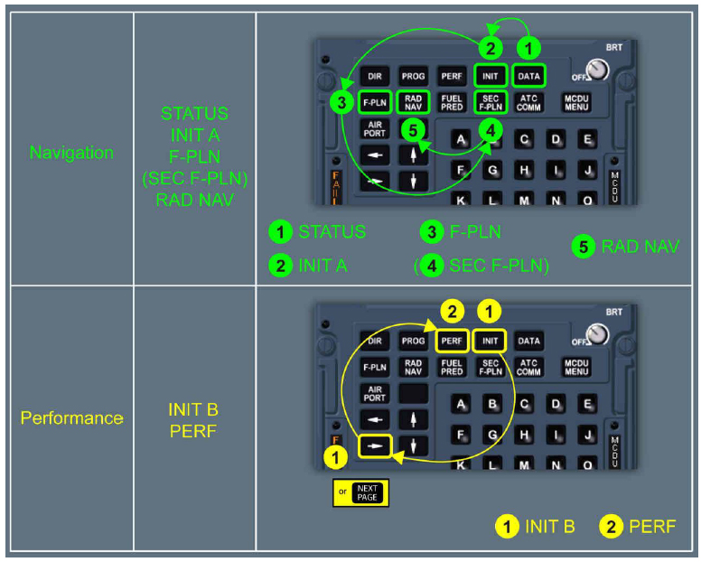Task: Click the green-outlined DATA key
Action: point(528,77)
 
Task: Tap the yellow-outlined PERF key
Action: point(452,342)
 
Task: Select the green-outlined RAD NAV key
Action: point(413,102)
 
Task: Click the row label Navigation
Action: point(71,153)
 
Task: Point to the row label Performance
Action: point(71,418)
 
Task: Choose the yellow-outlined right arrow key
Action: point(374,445)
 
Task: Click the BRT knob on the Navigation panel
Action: point(595,70)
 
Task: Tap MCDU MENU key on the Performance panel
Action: point(576,367)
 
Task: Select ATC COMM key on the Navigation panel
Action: point(528,102)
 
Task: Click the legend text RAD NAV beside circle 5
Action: point(640,247)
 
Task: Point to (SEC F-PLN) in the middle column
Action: point(194,179)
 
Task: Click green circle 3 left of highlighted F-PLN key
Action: point(341,102)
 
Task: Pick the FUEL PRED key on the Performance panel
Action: point(452,367)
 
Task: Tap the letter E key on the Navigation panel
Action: point(586,139)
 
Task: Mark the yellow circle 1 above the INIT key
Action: point(489,311)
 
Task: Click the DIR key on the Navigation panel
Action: point(374,77)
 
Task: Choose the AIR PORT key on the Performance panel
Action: point(374,394)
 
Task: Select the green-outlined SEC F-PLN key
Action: point(490,102)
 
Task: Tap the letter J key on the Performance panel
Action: point(586,435)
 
